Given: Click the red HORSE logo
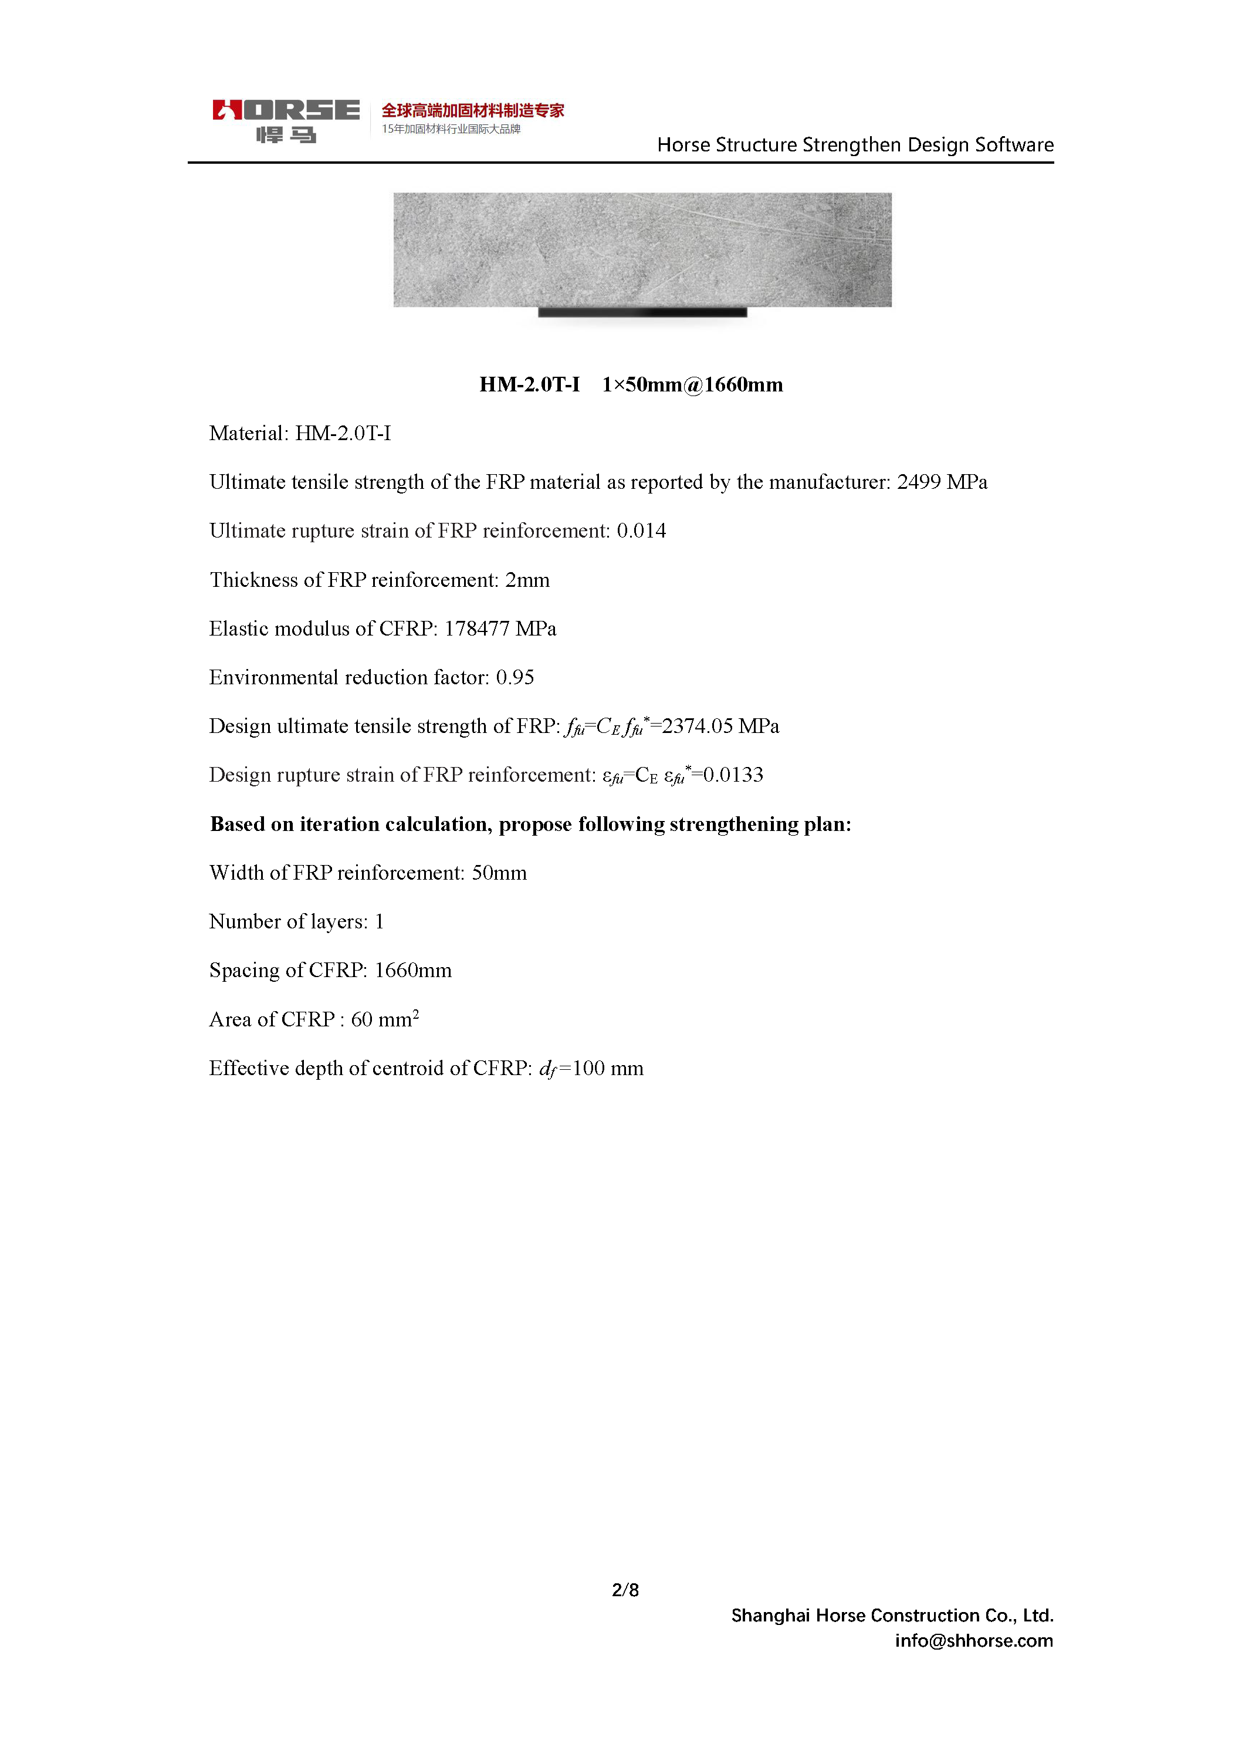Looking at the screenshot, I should (x=286, y=111).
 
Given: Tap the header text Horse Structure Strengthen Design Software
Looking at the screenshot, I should (x=855, y=144).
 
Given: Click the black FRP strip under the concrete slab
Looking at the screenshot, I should (x=642, y=312).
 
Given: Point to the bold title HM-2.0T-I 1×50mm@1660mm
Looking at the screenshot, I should (x=631, y=384).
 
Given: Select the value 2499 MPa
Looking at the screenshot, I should (x=941, y=482).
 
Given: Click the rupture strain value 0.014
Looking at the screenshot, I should (x=641, y=531).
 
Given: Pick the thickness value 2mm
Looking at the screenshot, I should (x=527, y=580).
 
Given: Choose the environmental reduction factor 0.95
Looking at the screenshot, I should (x=515, y=677).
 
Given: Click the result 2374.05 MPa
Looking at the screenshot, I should (x=719, y=727).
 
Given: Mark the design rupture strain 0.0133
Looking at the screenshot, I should (x=732, y=775).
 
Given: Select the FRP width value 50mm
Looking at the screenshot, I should (x=499, y=873).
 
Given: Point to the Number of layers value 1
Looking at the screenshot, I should (x=379, y=922).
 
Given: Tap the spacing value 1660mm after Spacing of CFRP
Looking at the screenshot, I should (x=412, y=970).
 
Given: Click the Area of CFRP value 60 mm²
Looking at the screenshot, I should (x=384, y=1019).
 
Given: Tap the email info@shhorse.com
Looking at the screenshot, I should (x=973, y=1640).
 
